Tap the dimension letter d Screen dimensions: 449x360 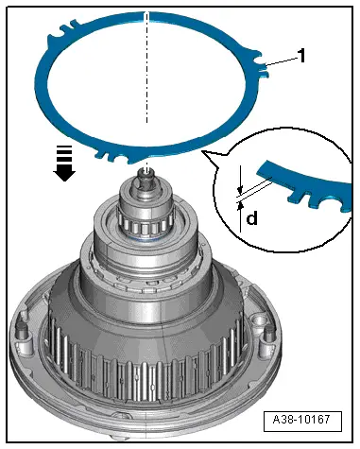tap(251, 219)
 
